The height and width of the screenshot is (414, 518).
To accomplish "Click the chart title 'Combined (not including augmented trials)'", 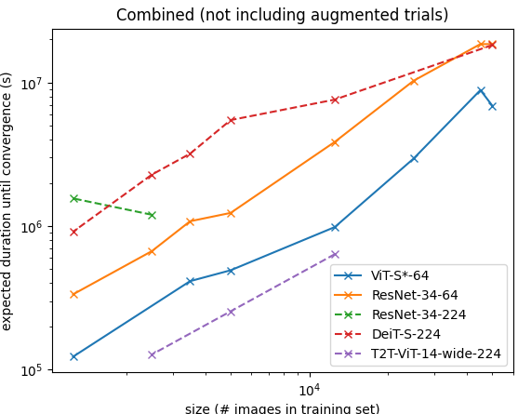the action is click(282, 15).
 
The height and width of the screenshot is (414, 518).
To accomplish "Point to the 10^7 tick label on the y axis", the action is click(33, 83).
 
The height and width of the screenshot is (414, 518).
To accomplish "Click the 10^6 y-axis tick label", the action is click(33, 226).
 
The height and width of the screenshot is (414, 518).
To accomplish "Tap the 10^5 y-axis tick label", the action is click(33, 370).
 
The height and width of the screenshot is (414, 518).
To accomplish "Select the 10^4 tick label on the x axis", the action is click(309, 390).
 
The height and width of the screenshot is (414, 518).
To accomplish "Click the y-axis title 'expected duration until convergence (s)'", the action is click(7, 201).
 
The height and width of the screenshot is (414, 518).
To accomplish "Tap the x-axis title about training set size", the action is click(282, 408).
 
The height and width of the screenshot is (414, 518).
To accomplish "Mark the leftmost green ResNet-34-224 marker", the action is click(74, 198).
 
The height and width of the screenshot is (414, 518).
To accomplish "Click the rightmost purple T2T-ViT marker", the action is click(335, 254).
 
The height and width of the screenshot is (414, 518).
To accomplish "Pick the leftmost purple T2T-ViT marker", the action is click(152, 354).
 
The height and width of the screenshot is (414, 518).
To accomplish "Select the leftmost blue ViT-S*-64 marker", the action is click(74, 357).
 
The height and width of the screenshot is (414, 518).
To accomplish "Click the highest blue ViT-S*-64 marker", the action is click(481, 91).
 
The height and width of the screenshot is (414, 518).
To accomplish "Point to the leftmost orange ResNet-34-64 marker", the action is click(74, 294).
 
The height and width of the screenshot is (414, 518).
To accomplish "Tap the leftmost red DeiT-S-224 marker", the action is click(74, 233).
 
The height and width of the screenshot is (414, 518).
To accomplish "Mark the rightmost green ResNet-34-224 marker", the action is click(152, 216).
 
